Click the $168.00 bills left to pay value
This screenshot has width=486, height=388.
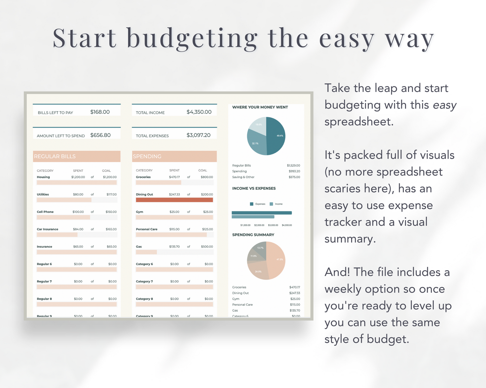tap(100, 112)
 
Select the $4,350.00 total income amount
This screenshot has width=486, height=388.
tap(199, 112)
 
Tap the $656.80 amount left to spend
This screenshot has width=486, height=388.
tap(100, 135)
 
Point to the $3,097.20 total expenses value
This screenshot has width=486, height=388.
tap(198, 135)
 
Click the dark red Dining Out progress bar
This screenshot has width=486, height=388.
tap(174, 200)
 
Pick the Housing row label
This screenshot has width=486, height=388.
tap(43, 177)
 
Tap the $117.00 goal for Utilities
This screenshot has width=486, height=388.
tap(111, 194)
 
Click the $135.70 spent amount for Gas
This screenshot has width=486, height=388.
tap(174, 247)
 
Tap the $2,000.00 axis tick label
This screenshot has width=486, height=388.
tap(259, 225)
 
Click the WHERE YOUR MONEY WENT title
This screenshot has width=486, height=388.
tap(260, 107)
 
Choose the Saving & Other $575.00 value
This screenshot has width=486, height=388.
tap(294, 177)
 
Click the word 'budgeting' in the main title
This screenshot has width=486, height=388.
tap(192, 39)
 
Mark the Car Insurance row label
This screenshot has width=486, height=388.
tap(47, 229)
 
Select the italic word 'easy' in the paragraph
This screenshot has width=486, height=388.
tap(445, 105)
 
